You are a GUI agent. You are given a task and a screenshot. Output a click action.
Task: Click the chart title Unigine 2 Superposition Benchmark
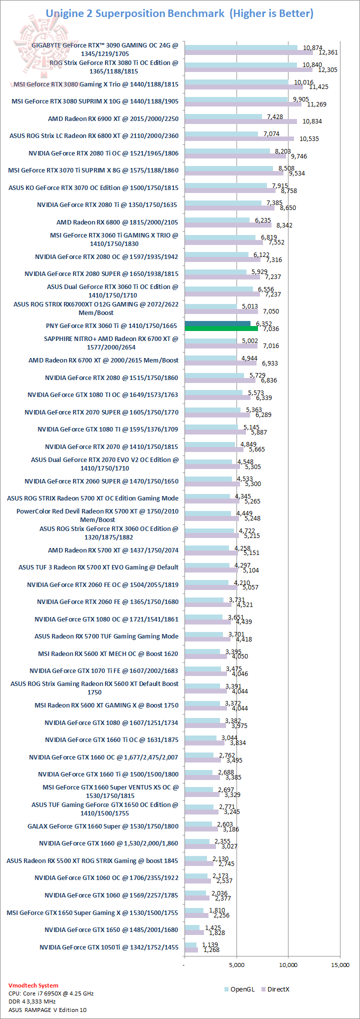coord(135,13)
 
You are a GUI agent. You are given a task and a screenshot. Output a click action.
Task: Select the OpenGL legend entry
coord(242,989)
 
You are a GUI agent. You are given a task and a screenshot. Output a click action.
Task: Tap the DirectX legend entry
coord(278,989)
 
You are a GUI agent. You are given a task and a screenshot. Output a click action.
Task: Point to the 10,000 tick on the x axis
coord(288,964)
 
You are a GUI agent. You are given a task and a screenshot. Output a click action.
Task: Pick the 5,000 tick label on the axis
coord(236,964)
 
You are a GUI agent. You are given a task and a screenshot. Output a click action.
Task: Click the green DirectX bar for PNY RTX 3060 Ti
coord(221,328)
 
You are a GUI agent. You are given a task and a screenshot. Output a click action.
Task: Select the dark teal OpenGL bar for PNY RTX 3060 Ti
coord(217,323)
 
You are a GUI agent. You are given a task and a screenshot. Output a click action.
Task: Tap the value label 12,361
coord(328,52)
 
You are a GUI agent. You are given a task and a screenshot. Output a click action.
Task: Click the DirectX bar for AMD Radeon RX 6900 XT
coord(240,121)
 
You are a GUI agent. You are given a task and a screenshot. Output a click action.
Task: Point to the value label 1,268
coord(211,949)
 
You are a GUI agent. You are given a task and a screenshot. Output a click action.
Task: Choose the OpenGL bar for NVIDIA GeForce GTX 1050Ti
coord(190,944)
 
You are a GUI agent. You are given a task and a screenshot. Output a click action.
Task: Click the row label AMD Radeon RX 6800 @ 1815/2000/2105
coord(117,222)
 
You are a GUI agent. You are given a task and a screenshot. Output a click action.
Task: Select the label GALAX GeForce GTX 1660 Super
coord(103,826)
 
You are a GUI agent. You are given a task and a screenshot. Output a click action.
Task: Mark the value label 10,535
coord(309,138)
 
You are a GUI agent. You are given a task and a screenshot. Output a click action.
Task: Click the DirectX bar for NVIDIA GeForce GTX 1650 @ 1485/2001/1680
coord(194,932)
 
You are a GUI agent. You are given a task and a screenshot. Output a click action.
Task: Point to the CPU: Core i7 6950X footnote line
coord(51,993)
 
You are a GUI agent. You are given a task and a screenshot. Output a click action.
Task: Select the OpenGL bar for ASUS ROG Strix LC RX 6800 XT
coord(221,133)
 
